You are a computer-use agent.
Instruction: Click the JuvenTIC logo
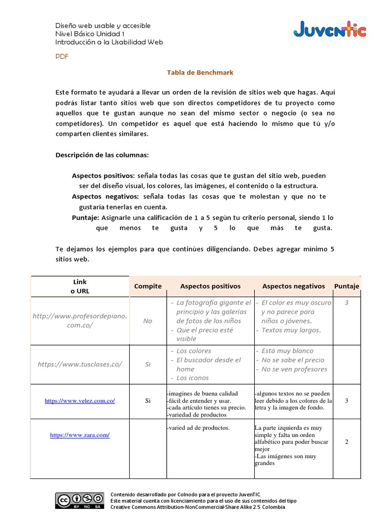tap(329, 30)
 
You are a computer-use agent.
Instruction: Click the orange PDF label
tap(62, 57)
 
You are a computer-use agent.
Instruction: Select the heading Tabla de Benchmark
tap(200, 72)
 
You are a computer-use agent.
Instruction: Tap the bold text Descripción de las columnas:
tap(102, 155)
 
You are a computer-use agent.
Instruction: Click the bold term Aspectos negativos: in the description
tap(105, 196)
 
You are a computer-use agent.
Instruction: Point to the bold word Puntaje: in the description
tap(86, 217)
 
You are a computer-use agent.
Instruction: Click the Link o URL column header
tap(80, 286)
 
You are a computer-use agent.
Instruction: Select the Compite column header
tap(148, 286)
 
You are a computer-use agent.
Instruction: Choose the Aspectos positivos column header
tap(210, 286)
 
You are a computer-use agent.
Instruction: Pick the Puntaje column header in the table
tap(346, 286)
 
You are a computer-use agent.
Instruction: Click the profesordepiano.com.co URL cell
tap(80, 320)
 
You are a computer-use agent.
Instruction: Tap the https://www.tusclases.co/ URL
tap(80, 364)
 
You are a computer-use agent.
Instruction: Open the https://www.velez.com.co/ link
tap(80, 400)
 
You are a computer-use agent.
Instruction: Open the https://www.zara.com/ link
tap(80, 435)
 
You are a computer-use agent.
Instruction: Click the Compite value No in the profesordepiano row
tap(147, 321)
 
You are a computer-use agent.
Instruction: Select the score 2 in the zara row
tap(346, 441)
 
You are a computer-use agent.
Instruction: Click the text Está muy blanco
tap(287, 351)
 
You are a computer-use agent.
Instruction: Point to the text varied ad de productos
tap(198, 428)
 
